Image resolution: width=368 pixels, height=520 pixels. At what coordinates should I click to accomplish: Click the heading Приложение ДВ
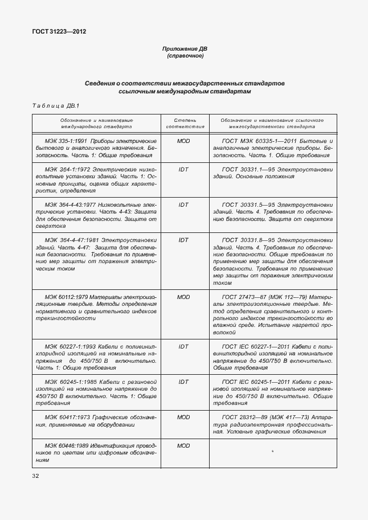tap(184, 50)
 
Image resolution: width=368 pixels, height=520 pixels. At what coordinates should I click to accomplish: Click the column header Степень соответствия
tap(183, 124)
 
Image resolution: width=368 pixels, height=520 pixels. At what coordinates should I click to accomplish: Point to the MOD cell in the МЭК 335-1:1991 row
tap(183, 140)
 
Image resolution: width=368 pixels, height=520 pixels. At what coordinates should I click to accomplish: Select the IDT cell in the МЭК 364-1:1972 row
tap(183, 170)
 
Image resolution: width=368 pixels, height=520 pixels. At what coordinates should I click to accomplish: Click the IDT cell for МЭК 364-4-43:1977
tap(183, 204)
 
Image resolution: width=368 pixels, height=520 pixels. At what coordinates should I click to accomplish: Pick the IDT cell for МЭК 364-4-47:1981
tap(183, 240)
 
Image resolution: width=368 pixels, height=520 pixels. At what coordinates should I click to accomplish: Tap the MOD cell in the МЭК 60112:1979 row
tap(183, 297)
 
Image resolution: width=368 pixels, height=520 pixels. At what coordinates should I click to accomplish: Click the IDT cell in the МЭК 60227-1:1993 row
tap(183, 346)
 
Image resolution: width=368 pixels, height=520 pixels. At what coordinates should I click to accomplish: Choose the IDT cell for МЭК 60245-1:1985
tap(183, 382)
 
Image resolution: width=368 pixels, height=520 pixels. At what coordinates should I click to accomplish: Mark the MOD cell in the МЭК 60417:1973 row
tap(183, 417)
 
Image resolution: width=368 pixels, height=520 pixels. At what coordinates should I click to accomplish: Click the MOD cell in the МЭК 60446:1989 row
tap(183, 445)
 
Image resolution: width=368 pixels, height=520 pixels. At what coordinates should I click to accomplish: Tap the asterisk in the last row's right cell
tap(273, 452)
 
